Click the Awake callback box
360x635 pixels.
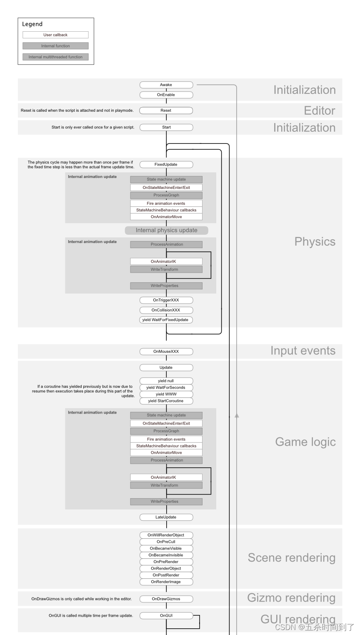(166, 85)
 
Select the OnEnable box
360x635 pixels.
(166, 95)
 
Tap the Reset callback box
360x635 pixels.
(166, 110)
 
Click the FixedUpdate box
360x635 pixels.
(166, 164)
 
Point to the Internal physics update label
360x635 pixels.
(166, 230)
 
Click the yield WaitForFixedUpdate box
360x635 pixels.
(166, 320)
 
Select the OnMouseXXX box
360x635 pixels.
(166, 351)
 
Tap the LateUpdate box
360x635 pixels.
(166, 517)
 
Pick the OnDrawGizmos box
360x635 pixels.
(166, 599)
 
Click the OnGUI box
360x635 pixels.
(166, 615)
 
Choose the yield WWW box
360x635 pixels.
(166, 394)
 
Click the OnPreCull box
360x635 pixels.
(166, 542)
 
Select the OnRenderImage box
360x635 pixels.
(166, 582)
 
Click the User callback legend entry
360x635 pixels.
(55, 35)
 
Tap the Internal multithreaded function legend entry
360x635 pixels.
(55, 57)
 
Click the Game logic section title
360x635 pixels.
(305, 442)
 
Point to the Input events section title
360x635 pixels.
(303, 351)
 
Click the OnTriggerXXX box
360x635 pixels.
(166, 300)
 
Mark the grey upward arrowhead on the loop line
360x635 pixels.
(237, 415)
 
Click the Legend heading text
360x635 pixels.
(32, 24)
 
